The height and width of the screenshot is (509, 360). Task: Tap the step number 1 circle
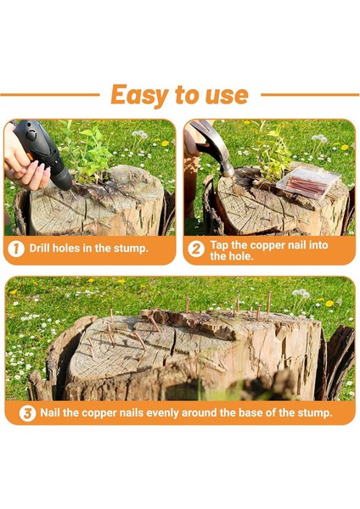tap(16, 249)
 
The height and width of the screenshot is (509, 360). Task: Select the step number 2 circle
tap(196, 249)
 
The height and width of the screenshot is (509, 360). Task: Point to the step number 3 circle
tap(27, 414)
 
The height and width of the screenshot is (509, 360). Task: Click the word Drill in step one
tap(39, 249)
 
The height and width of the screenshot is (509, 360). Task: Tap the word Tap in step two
tap(219, 245)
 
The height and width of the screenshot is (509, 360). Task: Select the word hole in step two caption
tap(241, 256)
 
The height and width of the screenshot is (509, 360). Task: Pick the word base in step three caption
tap(250, 412)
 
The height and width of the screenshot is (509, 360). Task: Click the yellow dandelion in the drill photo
tap(166, 143)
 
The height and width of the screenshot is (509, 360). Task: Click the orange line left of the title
tap(50, 95)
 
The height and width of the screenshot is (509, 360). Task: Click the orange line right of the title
tap(310, 95)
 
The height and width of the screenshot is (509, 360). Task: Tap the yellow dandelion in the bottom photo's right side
tap(329, 304)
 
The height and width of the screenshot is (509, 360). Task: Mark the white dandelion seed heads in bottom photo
tap(301, 294)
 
